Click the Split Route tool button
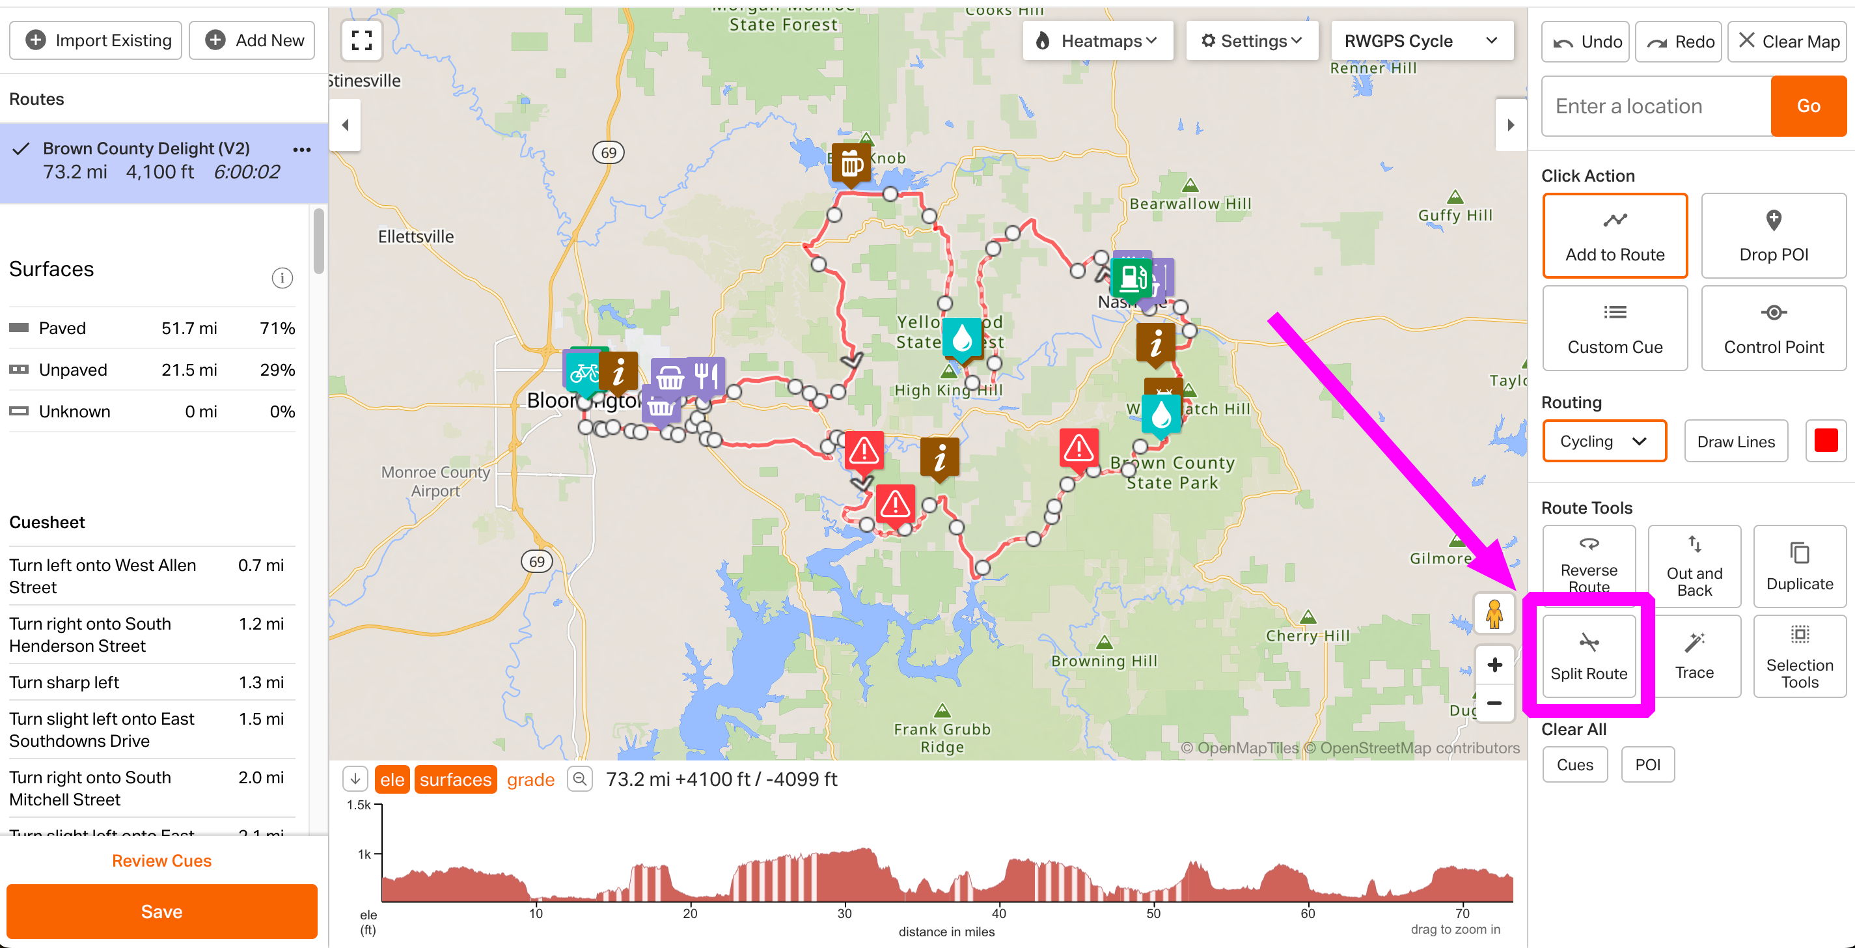coord(1588,656)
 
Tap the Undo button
coord(1586,42)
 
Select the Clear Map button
coord(1789,42)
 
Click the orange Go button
coord(1807,106)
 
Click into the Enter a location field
coord(1655,106)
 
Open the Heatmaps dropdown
coord(1097,41)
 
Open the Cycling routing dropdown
coord(1604,441)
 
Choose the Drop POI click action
coord(1773,235)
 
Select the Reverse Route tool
coord(1588,566)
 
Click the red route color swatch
coord(1826,440)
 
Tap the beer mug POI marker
coord(851,164)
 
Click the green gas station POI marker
coord(1131,277)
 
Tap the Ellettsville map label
coord(415,236)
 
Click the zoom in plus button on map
coord(1494,664)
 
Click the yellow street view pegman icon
coord(1494,614)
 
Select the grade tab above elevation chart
coord(530,779)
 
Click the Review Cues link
coord(161,860)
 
